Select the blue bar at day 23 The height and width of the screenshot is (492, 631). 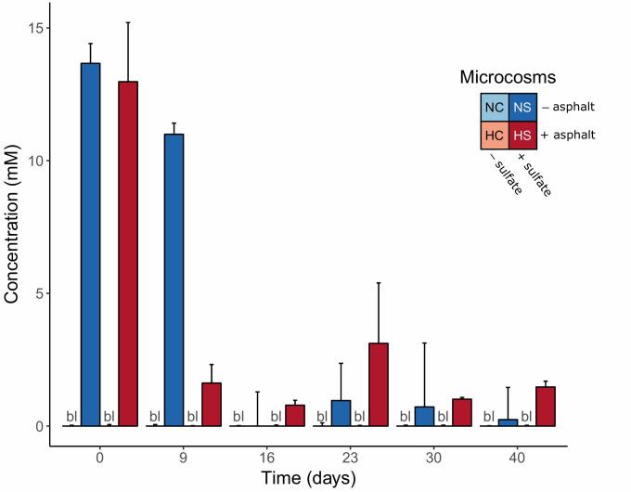tap(341, 413)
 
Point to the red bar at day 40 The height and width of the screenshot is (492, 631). tap(546, 407)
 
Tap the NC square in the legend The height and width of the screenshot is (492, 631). tap(495, 108)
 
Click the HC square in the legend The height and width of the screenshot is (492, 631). tap(495, 136)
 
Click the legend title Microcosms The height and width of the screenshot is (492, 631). tap(508, 78)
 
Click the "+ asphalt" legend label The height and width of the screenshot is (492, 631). tap(569, 136)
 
